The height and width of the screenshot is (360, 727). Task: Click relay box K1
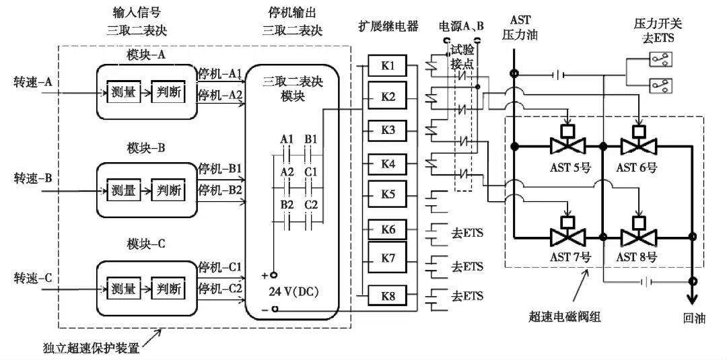coord(388,66)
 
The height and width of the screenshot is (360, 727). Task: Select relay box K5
coord(388,194)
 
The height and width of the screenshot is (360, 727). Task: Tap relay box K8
coord(388,295)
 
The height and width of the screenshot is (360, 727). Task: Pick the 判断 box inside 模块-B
coord(167,190)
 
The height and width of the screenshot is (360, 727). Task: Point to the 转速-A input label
coord(33,82)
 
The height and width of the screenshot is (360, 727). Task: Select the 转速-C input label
coord(33,277)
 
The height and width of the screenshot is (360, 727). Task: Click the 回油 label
coord(691,318)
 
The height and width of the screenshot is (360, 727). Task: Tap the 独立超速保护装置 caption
coord(94,348)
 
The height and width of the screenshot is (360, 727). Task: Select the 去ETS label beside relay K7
coord(467,266)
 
